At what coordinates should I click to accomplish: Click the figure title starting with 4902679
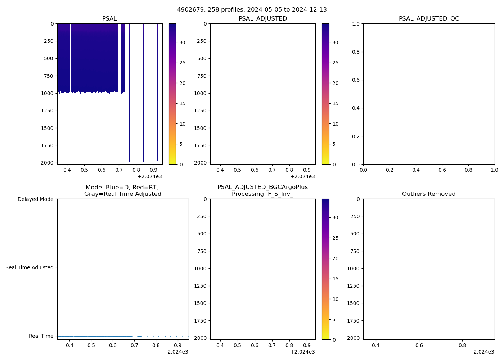[x=252, y=10]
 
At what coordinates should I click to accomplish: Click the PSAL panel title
[x=109, y=19]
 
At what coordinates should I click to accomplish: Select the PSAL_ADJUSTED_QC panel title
[x=429, y=19]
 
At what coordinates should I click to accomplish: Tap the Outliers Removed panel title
[x=429, y=194]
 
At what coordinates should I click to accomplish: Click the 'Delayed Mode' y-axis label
[x=35, y=199]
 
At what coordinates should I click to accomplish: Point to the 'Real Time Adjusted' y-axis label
[x=30, y=267]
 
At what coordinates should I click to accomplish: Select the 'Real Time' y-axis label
[x=41, y=336]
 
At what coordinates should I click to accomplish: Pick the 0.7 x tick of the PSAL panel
[x=119, y=170]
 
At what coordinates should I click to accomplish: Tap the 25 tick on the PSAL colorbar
[x=183, y=63]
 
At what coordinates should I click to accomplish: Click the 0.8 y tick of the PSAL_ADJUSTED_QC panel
[x=356, y=52]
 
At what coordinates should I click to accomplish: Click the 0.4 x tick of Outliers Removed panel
[x=375, y=345]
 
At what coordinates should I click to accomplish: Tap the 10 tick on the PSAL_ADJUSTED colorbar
[x=336, y=124]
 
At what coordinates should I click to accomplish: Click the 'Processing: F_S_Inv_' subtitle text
[x=262, y=194]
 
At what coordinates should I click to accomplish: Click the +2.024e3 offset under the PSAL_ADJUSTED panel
[x=302, y=176]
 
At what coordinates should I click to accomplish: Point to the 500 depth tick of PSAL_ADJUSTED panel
[x=202, y=58]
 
